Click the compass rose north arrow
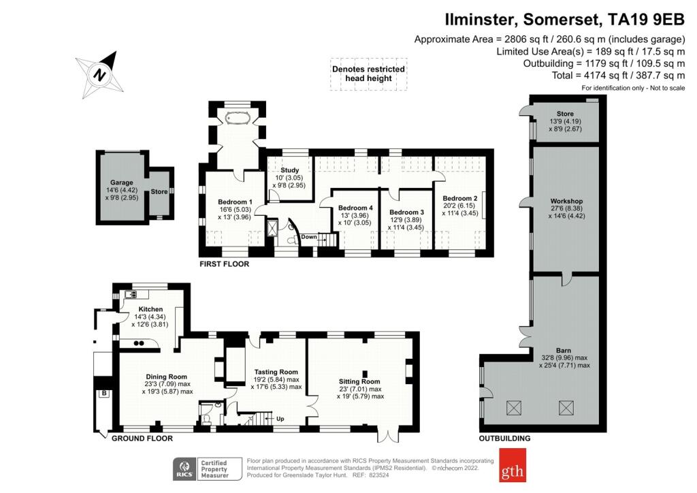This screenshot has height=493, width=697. pyautogui.click(x=101, y=74)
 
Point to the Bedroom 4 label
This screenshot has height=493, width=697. pyautogui.click(x=355, y=208)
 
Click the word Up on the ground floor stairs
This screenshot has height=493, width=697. pyautogui.click(x=280, y=417)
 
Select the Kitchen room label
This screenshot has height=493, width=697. pyautogui.click(x=150, y=309)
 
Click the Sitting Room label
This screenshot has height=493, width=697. pyautogui.click(x=359, y=381)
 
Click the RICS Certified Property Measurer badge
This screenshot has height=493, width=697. pyautogui.click(x=208, y=468)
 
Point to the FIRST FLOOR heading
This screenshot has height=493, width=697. pyautogui.click(x=224, y=264)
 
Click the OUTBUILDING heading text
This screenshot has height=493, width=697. pyautogui.click(x=504, y=439)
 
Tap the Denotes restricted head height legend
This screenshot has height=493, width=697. pyautogui.click(x=368, y=74)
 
